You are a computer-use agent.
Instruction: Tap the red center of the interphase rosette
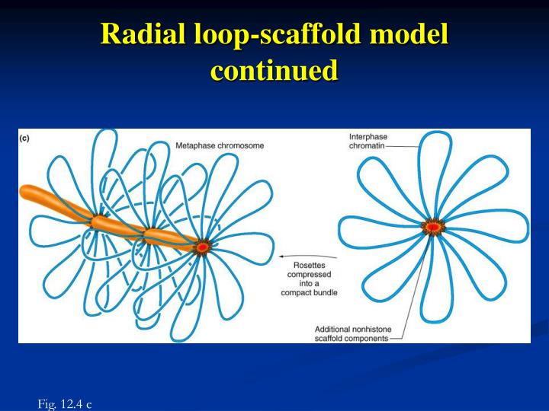433,227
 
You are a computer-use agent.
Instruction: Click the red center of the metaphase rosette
203,247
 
